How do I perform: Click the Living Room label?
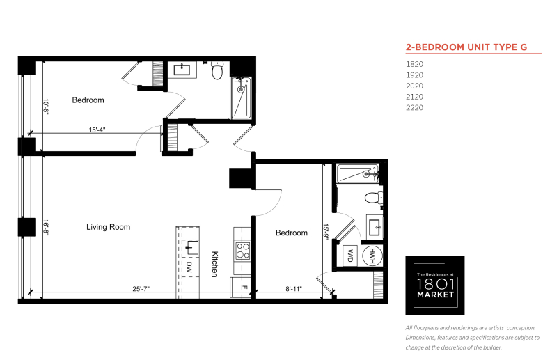point(108,227)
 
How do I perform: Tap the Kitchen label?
point(214,264)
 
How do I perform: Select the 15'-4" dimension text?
point(97,130)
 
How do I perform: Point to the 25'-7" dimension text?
point(141,288)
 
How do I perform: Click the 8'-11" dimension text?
point(294,288)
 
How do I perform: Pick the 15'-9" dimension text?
point(326,231)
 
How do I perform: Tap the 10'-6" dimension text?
point(46,106)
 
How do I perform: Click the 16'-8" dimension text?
point(46,227)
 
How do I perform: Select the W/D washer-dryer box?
point(350,256)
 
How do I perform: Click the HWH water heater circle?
point(372,256)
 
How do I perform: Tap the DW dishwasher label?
point(189,267)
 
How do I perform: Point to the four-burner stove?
point(243,251)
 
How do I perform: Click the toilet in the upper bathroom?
point(217,70)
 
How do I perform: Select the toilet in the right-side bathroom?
point(373,198)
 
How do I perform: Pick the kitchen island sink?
point(191,247)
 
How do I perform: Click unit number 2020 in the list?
point(414,86)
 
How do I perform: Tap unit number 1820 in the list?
point(414,64)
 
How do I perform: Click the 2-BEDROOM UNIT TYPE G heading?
point(466,47)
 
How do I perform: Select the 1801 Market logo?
point(435,285)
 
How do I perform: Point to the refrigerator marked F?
point(241,288)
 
